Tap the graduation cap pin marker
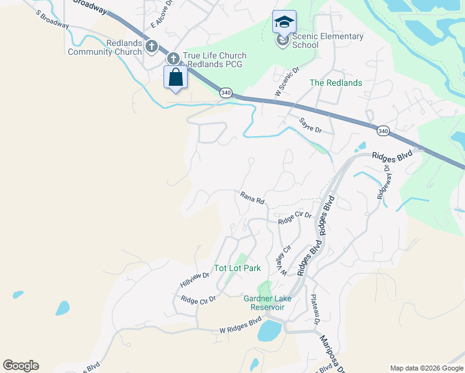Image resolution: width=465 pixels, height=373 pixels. (x=284, y=22)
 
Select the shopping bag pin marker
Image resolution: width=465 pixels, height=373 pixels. (x=176, y=78)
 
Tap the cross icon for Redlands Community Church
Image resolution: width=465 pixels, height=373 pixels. (x=151, y=46)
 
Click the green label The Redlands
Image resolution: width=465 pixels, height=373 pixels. (x=336, y=83)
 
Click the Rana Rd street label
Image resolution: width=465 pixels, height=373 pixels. (x=252, y=198)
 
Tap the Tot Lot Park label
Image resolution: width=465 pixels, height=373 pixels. (x=237, y=269)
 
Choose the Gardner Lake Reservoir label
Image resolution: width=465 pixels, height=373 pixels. (x=267, y=303)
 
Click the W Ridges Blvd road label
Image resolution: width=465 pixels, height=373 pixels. (x=239, y=327)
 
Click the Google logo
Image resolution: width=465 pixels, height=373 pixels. (x=21, y=366)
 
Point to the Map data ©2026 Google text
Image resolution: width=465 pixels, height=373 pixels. (x=426, y=368)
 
